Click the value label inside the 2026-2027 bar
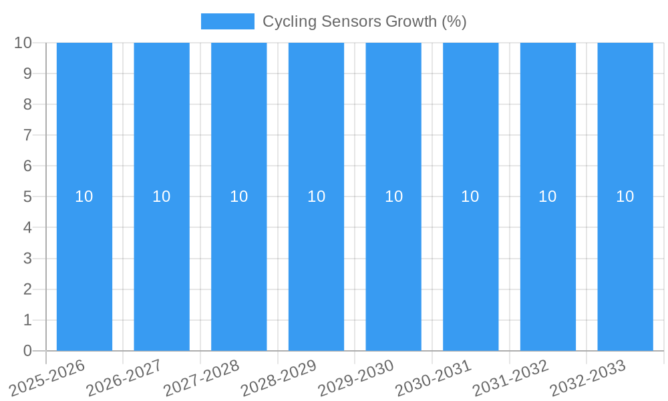pyautogui.click(x=161, y=196)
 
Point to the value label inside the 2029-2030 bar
pyautogui.click(x=393, y=196)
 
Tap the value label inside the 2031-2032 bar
pyautogui.click(x=548, y=196)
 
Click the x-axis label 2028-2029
pyautogui.click(x=279, y=378)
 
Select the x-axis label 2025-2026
pyautogui.click(x=47, y=378)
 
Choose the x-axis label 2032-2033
pyautogui.click(x=588, y=378)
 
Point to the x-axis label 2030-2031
pyautogui.click(x=434, y=378)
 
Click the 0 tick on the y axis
pyautogui.click(x=27, y=351)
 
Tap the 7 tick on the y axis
pyautogui.click(x=27, y=135)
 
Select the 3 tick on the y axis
pyautogui.click(x=27, y=259)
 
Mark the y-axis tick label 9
pyautogui.click(x=27, y=74)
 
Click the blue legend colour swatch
pyautogui.click(x=227, y=21)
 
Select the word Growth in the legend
pyautogui.click(x=411, y=21)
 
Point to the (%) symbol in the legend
pyautogui.click(x=454, y=21)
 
